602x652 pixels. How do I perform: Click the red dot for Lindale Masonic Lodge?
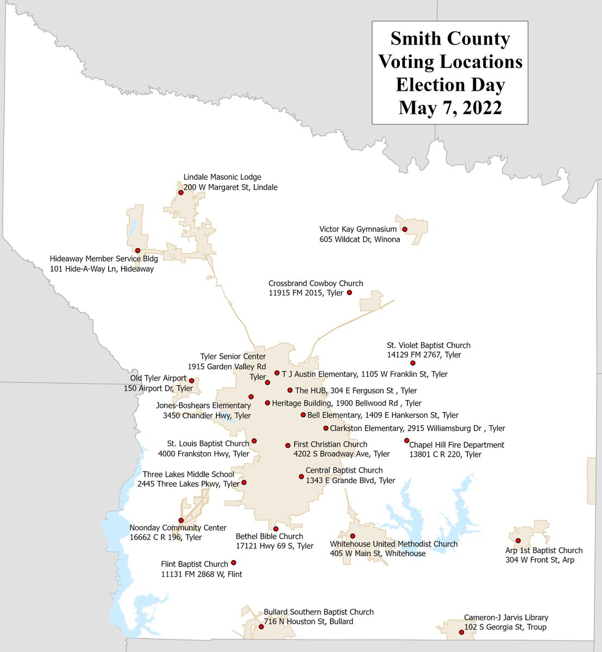181,192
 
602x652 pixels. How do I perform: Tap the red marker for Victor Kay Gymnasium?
405,229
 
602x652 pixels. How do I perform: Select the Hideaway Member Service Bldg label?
104,259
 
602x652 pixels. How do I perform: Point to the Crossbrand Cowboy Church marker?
349,293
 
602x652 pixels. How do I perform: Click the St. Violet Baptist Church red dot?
412,363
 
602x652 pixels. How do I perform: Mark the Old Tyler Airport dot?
191,381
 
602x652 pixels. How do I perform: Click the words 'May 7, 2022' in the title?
450,108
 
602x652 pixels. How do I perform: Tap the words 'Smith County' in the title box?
450,39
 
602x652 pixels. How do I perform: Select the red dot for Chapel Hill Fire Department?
406,441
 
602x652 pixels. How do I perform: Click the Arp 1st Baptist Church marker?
518,541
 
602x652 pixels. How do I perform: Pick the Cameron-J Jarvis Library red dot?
462,632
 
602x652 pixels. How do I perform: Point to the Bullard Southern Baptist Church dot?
261,626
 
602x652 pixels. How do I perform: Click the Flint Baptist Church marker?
234,563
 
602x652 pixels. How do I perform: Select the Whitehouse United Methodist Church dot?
353,536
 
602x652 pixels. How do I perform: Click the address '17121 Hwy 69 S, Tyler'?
274,546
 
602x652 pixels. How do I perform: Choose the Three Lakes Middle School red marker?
244,482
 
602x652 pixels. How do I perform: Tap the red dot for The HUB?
290,390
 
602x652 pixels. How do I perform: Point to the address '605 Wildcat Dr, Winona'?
360,240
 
